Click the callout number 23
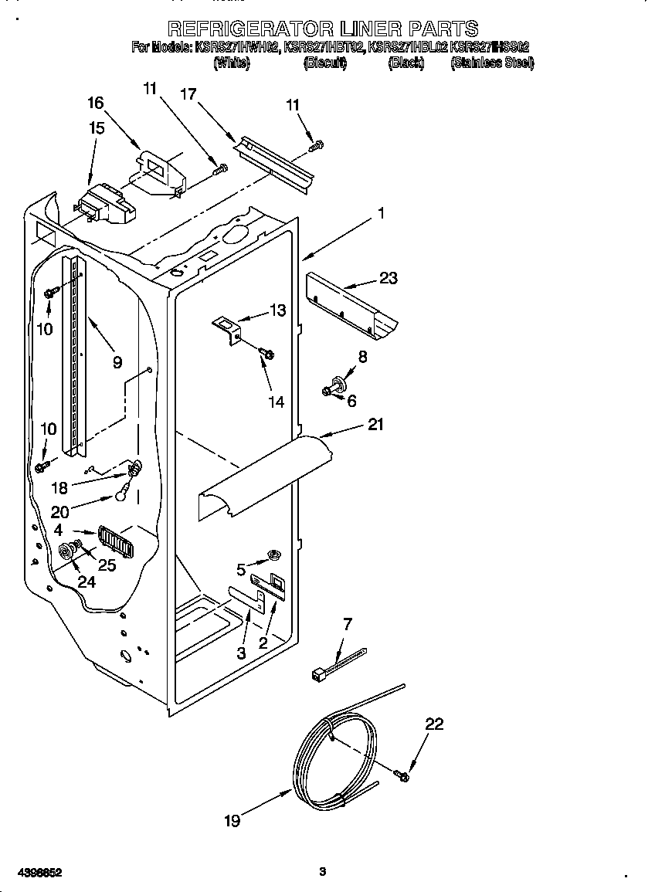tap(388, 278)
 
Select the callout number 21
tap(376, 424)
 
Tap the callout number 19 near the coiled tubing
tap(232, 821)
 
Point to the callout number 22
tap(435, 724)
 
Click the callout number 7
tap(347, 623)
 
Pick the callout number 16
tap(95, 103)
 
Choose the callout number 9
tap(117, 361)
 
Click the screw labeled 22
tap(401, 774)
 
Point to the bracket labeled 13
tap(227, 328)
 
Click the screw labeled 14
tap(266, 354)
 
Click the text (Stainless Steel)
tap(491, 63)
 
